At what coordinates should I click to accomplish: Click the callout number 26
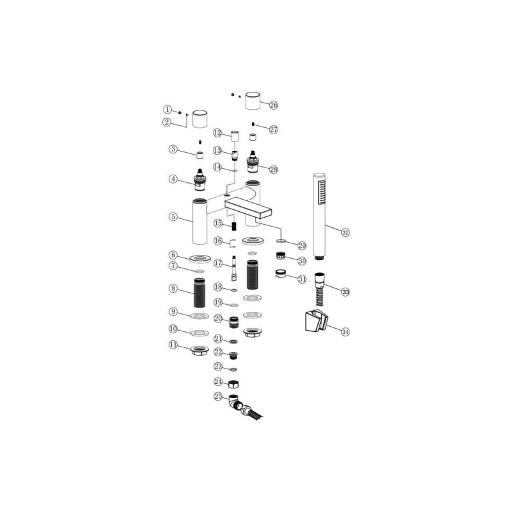(x=274, y=105)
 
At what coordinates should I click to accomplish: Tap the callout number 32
(x=345, y=232)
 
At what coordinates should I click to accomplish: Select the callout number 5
(x=173, y=216)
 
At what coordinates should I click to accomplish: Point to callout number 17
(x=218, y=263)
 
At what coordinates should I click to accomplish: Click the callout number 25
(x=218, y=396)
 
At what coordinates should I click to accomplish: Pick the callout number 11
(x=173, y=345)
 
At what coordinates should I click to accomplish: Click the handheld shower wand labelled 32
(x=319, y=216)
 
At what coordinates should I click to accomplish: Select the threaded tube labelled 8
(x=199, y=292)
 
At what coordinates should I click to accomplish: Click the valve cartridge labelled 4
(x=199, y=180)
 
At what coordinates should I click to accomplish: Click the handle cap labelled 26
(x=253, y=101)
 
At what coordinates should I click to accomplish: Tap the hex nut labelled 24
(x=233, y=383)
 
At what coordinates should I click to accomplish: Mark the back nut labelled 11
(x=199, y=351)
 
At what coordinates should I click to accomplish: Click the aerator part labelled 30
(x=280, y=255)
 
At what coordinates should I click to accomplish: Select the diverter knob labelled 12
(x=235, y=136)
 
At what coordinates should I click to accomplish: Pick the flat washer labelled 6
(x=200, y=259)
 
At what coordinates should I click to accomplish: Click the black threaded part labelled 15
(x=234, y=226)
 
